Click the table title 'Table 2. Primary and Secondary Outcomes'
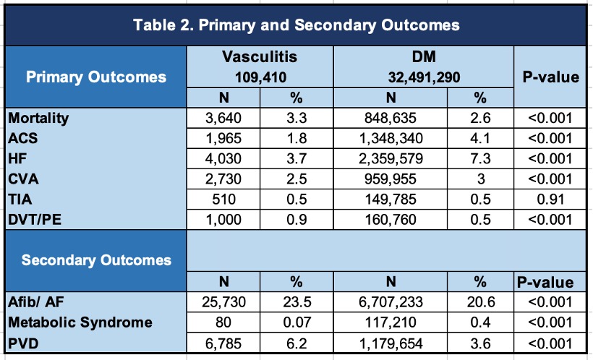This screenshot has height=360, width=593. pos(296,25)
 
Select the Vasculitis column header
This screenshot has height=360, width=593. pos(260,56)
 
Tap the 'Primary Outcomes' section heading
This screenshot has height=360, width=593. pos(96,77)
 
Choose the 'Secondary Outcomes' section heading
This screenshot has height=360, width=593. pos(96,260)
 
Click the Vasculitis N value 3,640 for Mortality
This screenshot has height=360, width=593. pos(224,116)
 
